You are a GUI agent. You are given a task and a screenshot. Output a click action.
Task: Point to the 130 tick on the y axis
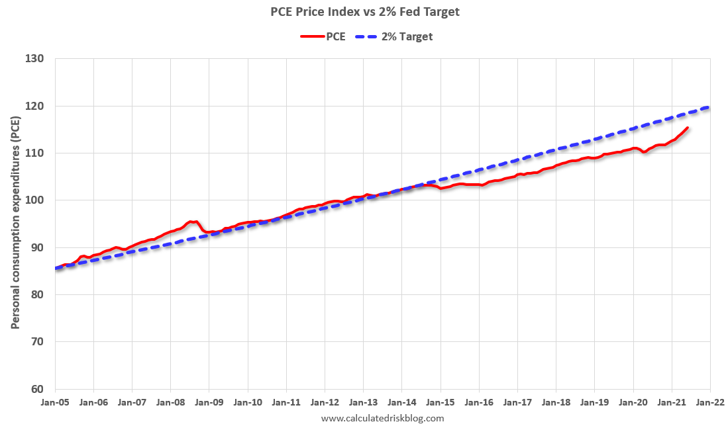click(36, 59)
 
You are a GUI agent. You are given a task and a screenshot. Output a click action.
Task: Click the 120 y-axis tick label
click(36, 106)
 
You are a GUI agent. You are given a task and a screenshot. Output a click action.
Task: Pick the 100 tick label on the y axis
click(36, 200)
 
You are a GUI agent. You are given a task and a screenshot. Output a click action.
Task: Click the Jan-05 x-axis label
click(55, 402)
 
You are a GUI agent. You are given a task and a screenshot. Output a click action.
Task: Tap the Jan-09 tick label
click(209, 402)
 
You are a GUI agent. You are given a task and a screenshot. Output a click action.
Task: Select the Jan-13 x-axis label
click(363, 402)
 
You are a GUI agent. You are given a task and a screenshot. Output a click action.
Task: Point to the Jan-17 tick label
click(517, 402)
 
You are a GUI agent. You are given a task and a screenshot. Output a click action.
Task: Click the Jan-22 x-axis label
click(709, 402)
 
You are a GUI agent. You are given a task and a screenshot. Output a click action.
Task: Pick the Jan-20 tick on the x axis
click(633, 402)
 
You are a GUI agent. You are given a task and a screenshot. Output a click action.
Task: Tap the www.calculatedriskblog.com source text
click(382, 418)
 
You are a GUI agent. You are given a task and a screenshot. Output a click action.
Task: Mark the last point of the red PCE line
click(688, 128)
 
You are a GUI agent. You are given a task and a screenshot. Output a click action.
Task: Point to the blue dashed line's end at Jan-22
click(709, 107)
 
